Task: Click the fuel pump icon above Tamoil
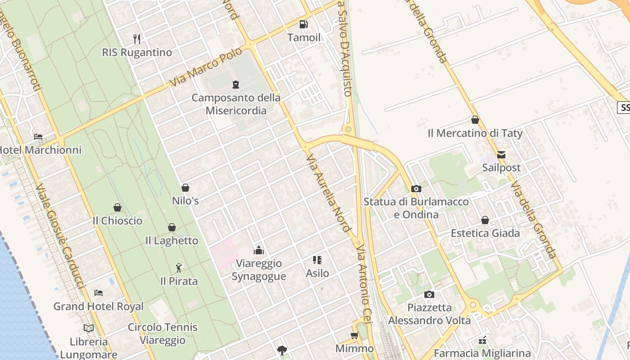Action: pyautogui.click(x=304, y=24)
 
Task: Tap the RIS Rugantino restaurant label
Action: pyautogui.click(x=137, y=52)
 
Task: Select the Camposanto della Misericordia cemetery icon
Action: pyautogui.click(x=235, y=84)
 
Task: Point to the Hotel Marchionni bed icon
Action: pyautogui.click(x=38, y=136)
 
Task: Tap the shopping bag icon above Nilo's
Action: pyautogui.click(x=185, y=188)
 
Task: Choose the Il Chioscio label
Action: pyautogui.click(x=117, y=220)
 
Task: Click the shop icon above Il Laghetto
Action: pyautogui.click(x=172, y=227)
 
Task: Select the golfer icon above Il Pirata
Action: pyautogui.click(x=179, y=268)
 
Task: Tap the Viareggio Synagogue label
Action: pyautogui.click(x=259, y=270)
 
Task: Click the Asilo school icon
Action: pyautogui.click(x=317, y=260)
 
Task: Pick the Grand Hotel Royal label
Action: pyautogui.click(x=99, y=306)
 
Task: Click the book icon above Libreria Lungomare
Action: pyautogui.click(x=89, y=328)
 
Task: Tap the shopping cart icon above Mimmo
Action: pyautogui.click(x=355, y=335)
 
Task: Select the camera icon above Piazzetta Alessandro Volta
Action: pyautogui.click(x=429, y=294)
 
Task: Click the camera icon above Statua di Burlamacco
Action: pyautogui.click(x=416, y=189)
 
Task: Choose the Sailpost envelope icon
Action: pyautogui.click(x=501, y=155)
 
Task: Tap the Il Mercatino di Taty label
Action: pyautogui.click(x=475, y=133)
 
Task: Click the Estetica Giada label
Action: pyautogui.click(x=485, y=233)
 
